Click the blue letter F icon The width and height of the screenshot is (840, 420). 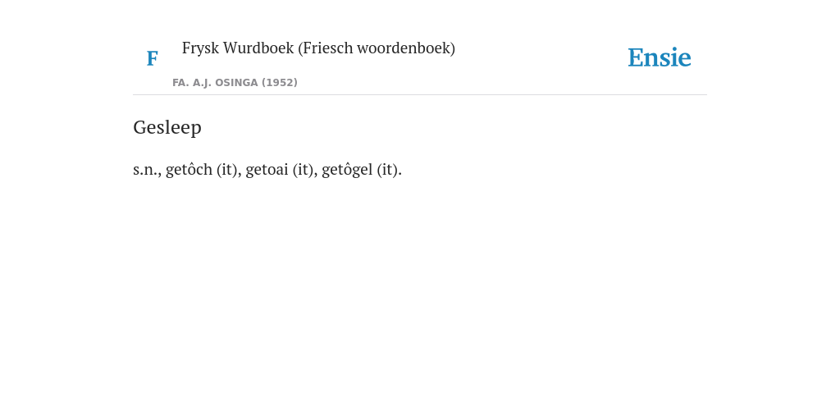152,58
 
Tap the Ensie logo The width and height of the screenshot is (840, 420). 660,57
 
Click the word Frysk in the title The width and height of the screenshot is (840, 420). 200,48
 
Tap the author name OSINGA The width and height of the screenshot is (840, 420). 236,83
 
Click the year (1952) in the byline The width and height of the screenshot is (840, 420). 280,83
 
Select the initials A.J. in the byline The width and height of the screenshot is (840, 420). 202,83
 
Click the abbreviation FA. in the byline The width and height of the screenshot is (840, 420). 181,83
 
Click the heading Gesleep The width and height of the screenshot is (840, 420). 167,127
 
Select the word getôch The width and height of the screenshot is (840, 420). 189,169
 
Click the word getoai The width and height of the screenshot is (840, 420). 267,170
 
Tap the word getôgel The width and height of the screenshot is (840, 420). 347,169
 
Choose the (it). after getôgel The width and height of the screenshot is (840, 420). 390,170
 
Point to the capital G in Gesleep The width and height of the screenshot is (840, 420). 139,127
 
